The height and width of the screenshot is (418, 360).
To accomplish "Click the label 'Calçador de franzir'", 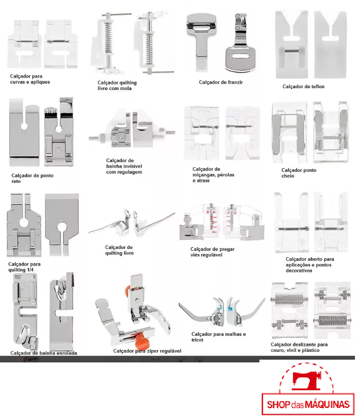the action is (220, 82).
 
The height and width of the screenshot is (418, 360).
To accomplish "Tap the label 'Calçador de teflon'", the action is (303, 87).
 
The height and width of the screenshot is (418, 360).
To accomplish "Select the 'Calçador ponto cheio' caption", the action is (299, 173).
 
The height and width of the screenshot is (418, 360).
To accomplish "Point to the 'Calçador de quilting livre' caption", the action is (119, 250).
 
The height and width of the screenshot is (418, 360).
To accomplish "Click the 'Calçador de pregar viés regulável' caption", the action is (213, 252).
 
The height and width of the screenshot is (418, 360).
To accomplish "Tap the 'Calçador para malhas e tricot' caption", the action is (219, 337).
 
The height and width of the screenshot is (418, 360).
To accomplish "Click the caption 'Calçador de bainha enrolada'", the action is (44, 353).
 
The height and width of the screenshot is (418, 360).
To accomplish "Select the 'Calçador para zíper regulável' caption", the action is (147, 351).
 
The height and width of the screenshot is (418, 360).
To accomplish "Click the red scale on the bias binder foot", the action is (211, 219).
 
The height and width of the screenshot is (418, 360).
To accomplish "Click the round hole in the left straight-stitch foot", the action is (24, 126).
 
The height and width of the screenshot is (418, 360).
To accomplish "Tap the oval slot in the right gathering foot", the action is (240, 56).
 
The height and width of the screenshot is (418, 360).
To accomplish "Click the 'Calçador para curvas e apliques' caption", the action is (30, 79).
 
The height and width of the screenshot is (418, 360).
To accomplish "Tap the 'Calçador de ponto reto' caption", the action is (32, 178).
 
